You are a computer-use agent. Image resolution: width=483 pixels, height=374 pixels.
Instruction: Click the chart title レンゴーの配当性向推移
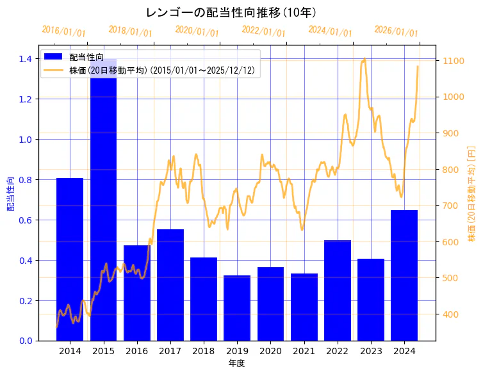(231, 12)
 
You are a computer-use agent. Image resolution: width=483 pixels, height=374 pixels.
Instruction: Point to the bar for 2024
(404, 275)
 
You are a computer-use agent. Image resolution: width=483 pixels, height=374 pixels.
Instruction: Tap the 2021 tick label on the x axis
(304, 352)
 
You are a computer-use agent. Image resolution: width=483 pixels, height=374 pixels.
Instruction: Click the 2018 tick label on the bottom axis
(204, 352)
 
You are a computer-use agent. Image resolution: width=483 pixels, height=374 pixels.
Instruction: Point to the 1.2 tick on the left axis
(25, 99)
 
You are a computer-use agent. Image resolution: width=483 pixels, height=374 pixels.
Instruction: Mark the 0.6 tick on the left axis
(25, 220)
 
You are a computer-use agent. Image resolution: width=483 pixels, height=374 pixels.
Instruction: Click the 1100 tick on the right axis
(451, 61)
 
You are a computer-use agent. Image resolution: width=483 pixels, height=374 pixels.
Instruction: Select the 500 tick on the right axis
(448, 278)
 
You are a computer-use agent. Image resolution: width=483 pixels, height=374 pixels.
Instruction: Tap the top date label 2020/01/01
(197, 31)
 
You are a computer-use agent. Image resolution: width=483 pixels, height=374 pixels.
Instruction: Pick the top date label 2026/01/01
(396, 31)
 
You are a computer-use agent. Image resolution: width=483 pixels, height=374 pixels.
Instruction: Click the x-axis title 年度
(236, 363)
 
